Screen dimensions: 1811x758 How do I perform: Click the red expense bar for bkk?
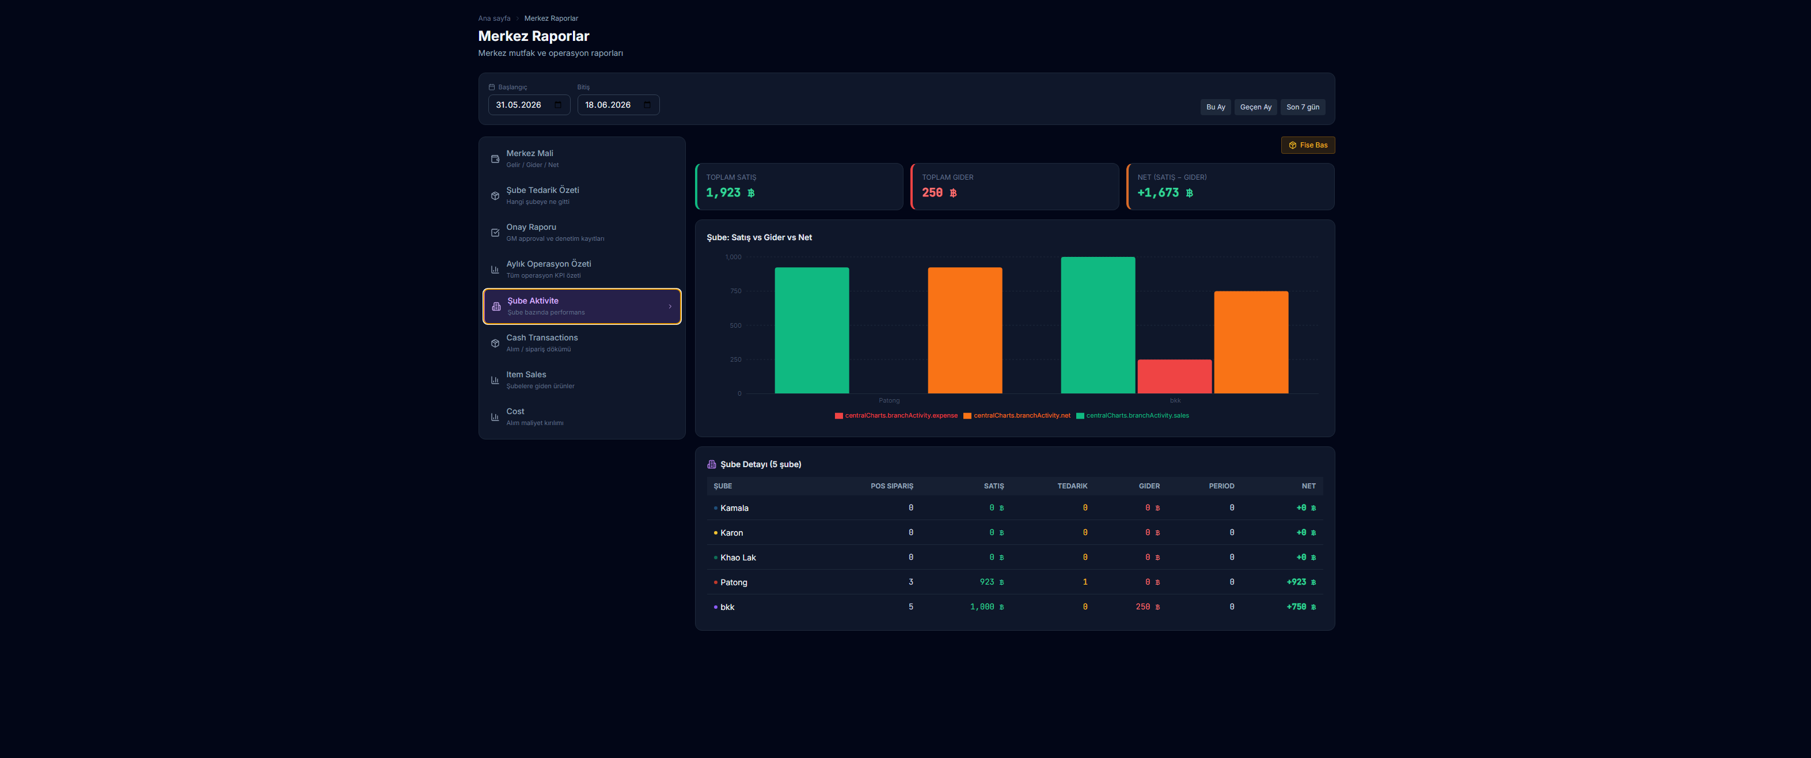click(x=1174, y=376)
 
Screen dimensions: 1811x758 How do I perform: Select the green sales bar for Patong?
click(x=811, y=330)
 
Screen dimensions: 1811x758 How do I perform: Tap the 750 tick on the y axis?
click(x=735, y=291)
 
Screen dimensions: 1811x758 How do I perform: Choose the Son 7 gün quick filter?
click(x=1302, y=107)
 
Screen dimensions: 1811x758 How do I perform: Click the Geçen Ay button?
click(x=1255, y=107)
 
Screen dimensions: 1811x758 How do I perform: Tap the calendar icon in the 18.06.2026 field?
click(x=647, y=105)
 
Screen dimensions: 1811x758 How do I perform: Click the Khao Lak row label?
click(x=738, y=558)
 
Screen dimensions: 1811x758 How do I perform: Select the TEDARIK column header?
click(x=1072, y=486)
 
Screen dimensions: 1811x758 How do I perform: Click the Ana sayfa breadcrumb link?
click(x=494, y=18)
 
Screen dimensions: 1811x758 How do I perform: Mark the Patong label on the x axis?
click(x=889, y=401)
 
